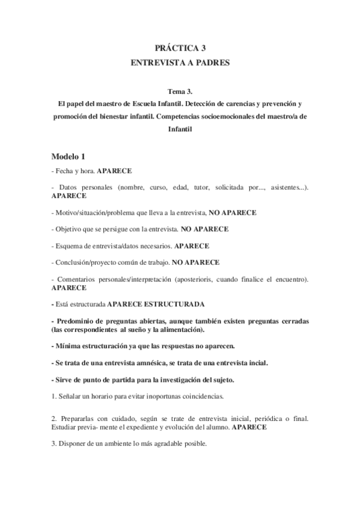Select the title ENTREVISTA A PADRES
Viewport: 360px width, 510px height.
(180, 62)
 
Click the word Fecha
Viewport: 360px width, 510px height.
(64, 171)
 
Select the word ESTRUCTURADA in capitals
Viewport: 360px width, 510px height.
(176, 304)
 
